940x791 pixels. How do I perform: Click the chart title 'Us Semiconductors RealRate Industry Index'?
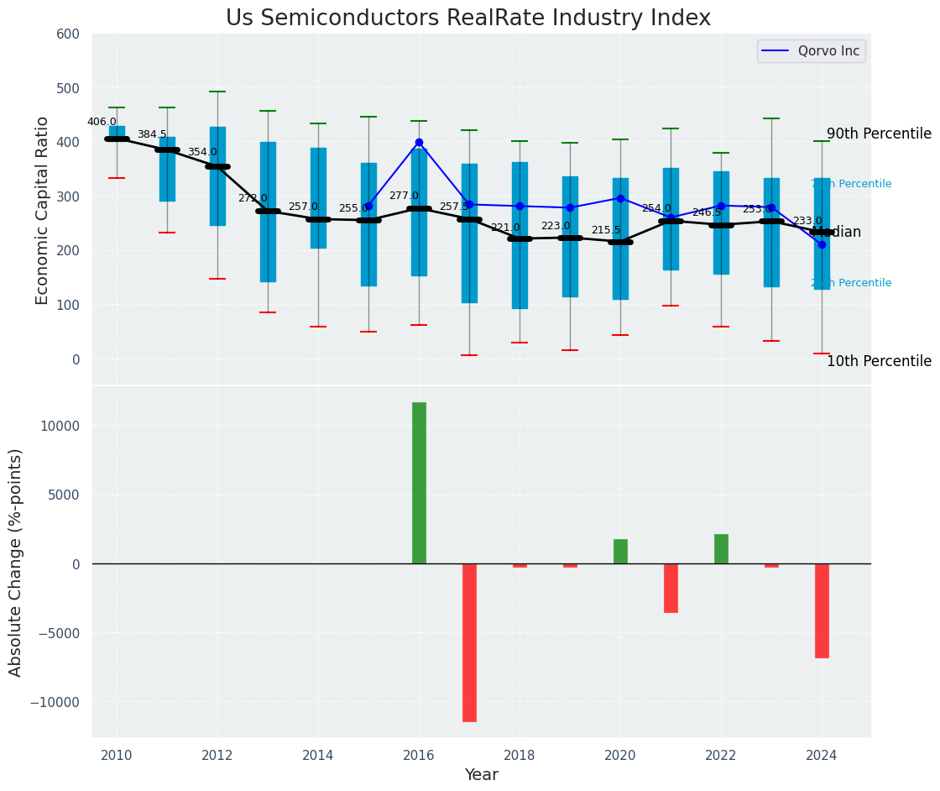pos(467,18)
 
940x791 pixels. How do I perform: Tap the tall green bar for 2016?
pos(419,483)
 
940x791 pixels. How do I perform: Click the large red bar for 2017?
pos(469,642)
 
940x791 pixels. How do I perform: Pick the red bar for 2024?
pos(822,610)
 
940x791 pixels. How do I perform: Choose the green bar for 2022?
pos(721,548)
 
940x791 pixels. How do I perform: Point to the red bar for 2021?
pos(671,588)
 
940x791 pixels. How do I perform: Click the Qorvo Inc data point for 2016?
pos(419,143)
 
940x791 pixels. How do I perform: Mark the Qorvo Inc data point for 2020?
pos(620,198)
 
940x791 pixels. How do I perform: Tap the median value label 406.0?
pos(102,122)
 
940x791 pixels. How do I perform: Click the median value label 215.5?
pos(606,230)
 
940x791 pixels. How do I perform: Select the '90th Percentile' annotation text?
pos(879,134)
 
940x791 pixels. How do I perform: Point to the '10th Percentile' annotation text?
pos(879,361)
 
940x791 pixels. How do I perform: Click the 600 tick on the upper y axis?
pos(69,34)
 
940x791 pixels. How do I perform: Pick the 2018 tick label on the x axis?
pos(520,755)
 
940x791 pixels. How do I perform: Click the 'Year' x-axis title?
pos(482,775)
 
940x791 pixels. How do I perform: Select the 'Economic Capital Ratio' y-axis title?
pos(43,209)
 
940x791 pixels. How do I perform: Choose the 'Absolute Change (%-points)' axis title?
pos(16,562)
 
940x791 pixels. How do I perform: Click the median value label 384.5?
pos(152,134)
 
